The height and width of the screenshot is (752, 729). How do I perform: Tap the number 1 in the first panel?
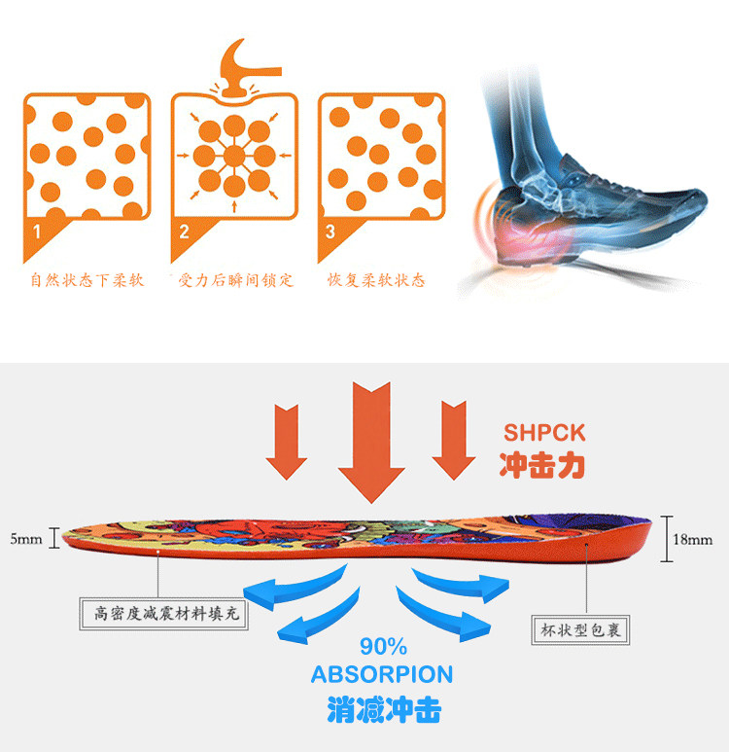click(x=38, y=232)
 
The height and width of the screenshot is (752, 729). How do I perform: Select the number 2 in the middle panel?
click(x=184, y=232)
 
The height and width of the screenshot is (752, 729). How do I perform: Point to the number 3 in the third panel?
click(x=330, y=232)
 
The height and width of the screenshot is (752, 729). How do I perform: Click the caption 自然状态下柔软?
click(x=87, y=280)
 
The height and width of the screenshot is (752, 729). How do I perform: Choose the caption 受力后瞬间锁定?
click(x=235, y=280)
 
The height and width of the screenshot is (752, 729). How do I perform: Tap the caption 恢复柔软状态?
click(x=376, y=280)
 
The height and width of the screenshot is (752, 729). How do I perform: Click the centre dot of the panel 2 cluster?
click(x=234, y=156)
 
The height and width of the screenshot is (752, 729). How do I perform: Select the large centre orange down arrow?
click(x=370, y=438)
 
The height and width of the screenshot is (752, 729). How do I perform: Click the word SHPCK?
click(x=545, y=432)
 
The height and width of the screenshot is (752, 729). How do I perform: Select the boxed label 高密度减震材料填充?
click(x=159, y=614)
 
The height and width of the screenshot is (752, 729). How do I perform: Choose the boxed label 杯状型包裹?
click(x=581, y=630)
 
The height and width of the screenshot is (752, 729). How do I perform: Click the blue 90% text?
click(x=383, y=647)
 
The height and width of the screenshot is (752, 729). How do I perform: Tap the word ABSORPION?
click(x=382, y=674)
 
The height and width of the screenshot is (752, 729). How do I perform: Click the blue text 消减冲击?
click(x=383, y=708)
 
